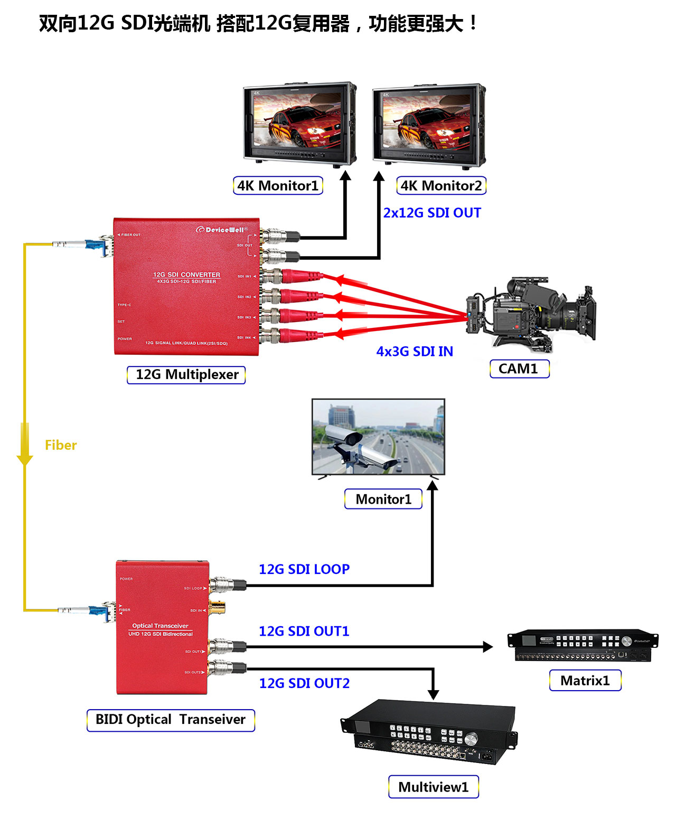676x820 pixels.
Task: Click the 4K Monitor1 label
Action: coord(278,186)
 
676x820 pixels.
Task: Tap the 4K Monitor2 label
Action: coord(441,186)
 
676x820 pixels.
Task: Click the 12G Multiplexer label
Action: coord(186,375)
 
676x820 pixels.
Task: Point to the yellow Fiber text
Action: coord(61,445)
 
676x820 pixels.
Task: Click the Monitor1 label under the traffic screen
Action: coord(383,499)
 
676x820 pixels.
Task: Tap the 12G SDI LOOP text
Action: coord(304,569)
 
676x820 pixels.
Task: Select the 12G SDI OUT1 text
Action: coord(304,631)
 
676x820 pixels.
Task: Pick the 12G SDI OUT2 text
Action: coord(304,683)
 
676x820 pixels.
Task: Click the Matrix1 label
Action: coord(585,681)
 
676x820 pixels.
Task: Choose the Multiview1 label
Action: coord(434,787)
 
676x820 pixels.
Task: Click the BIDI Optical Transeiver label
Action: coord(171,720)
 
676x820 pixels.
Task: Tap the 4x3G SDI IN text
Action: coord(415,352)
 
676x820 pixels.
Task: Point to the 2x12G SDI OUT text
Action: coord(432,213)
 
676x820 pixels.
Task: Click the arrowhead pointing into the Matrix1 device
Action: coord(487,646)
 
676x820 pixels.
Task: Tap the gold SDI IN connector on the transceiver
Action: coord(217,607)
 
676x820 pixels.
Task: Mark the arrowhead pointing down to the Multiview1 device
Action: coord(433,693)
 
